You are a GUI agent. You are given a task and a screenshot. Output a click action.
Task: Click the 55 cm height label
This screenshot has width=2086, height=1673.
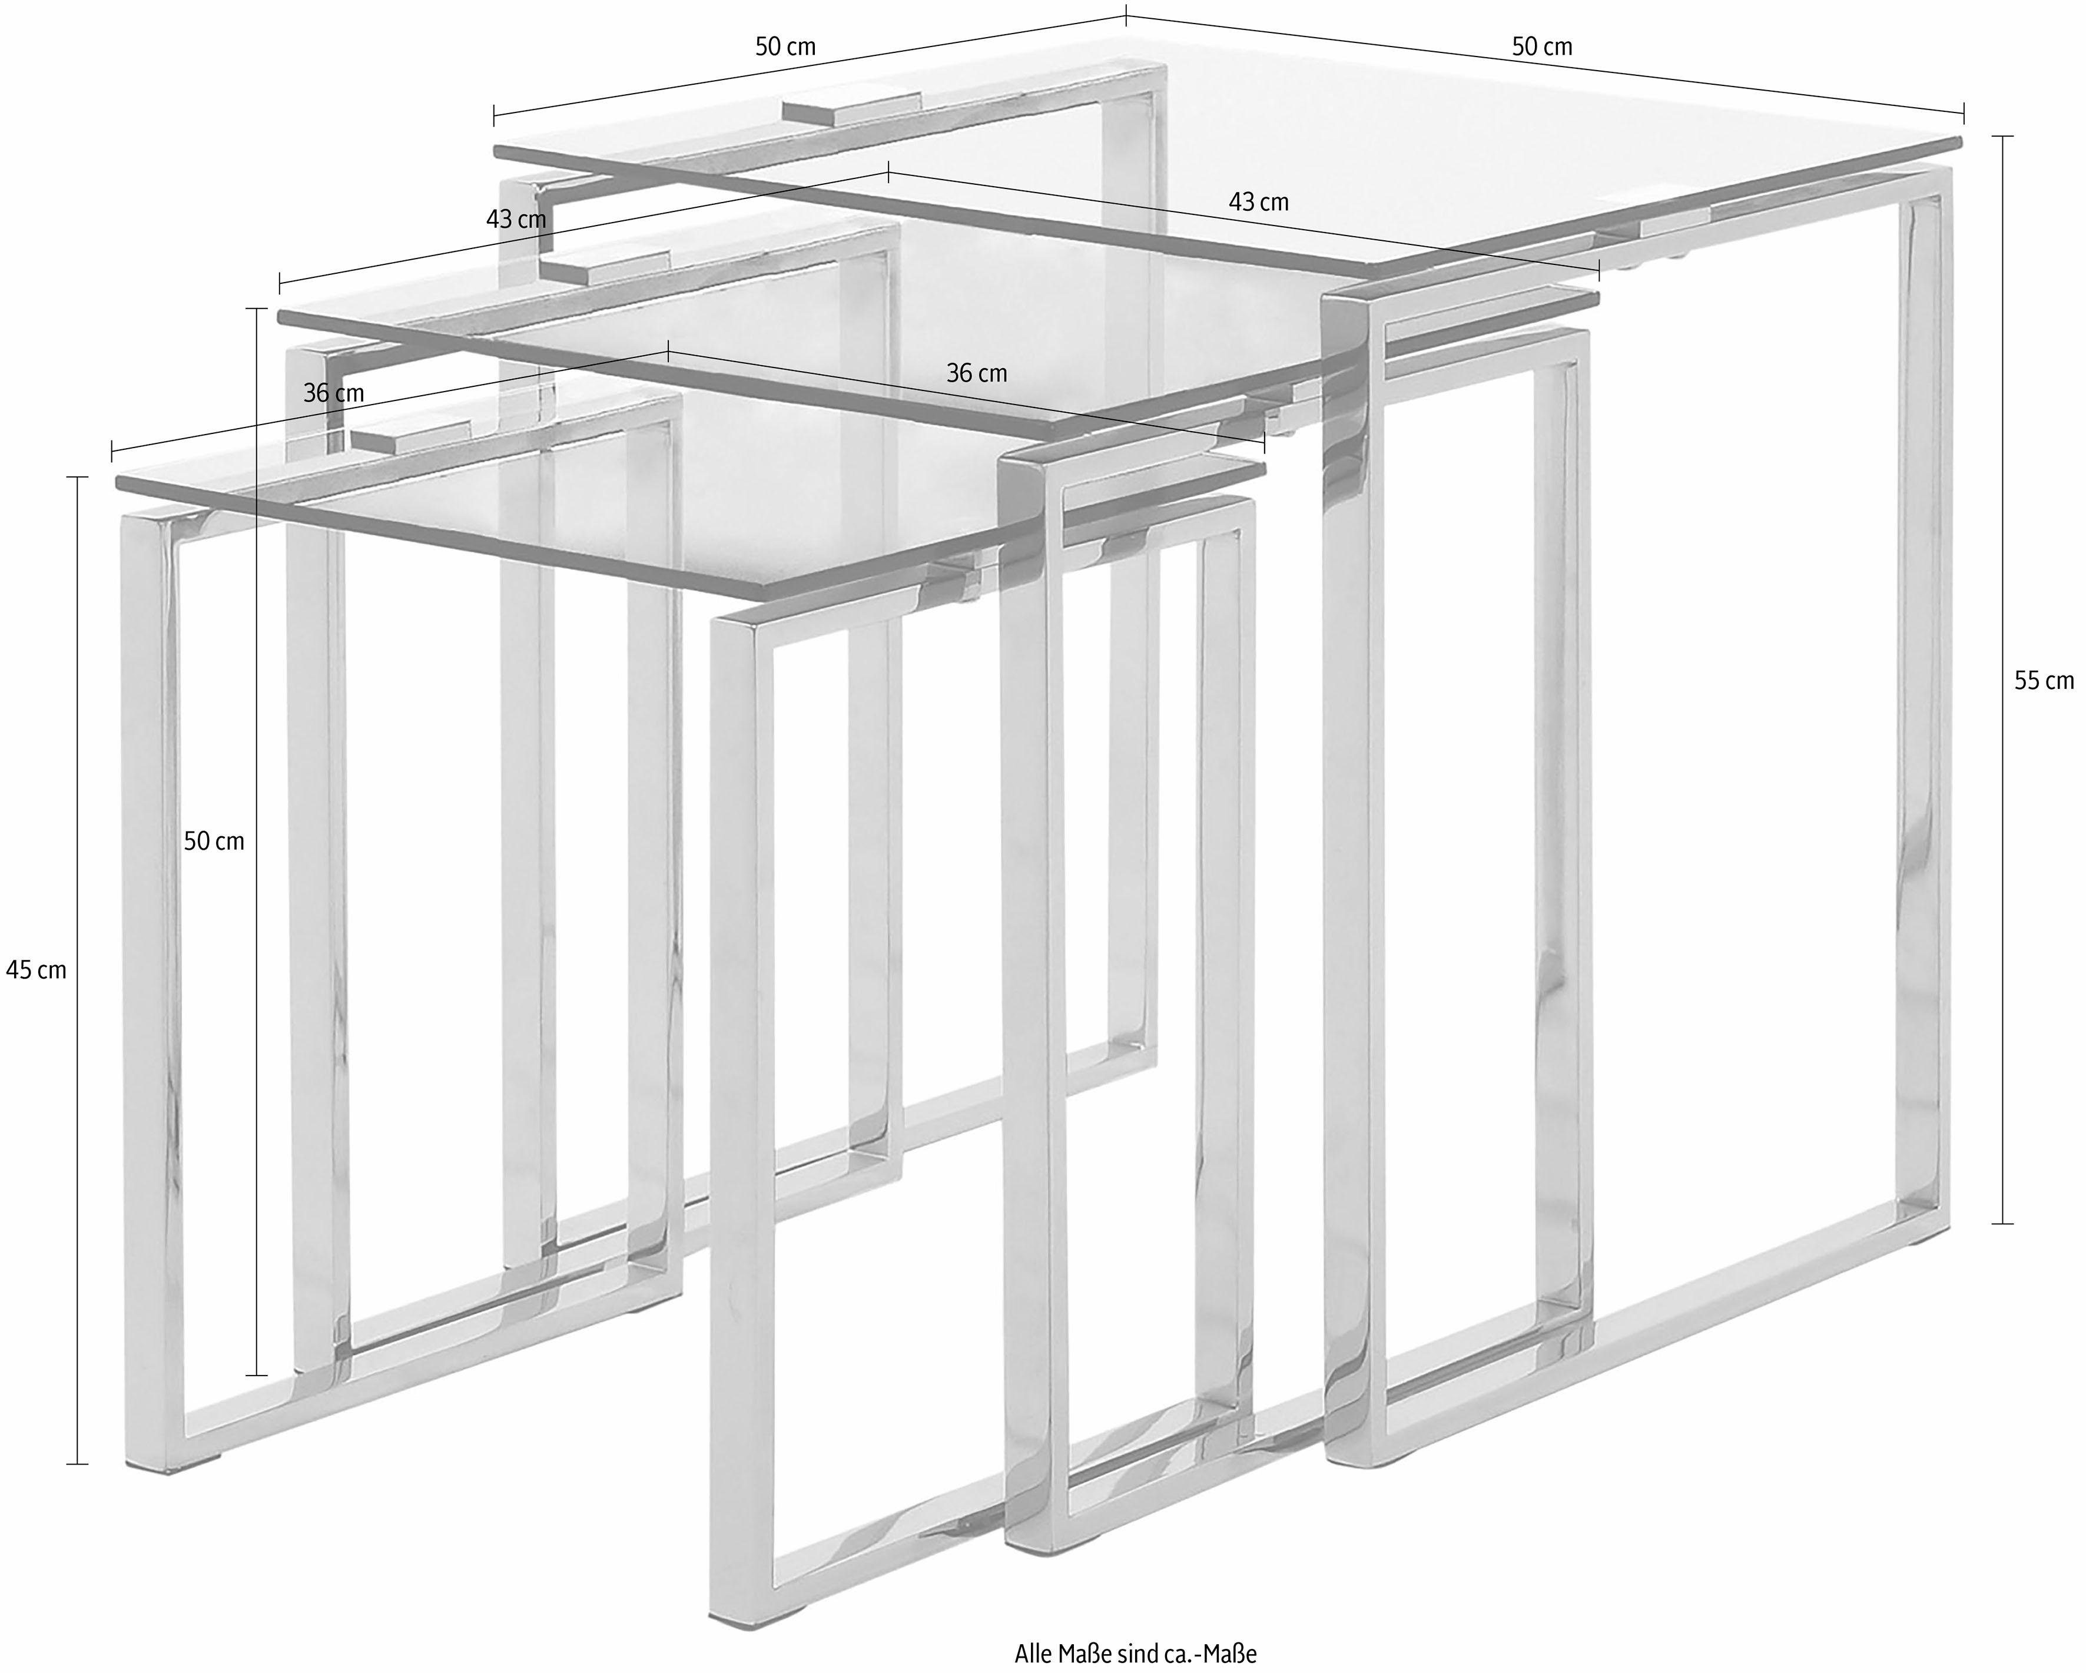[x=2044, y=681]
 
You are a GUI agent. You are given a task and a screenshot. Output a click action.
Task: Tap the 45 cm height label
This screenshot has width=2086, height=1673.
[x=37, y=969]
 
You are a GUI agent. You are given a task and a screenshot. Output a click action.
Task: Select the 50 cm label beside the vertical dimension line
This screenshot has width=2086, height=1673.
[x=214, y=842]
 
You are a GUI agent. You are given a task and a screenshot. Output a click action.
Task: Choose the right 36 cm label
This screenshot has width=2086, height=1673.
[x=976, y=373]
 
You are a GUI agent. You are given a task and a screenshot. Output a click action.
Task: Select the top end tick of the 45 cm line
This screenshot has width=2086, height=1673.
[x=77, y=477]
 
